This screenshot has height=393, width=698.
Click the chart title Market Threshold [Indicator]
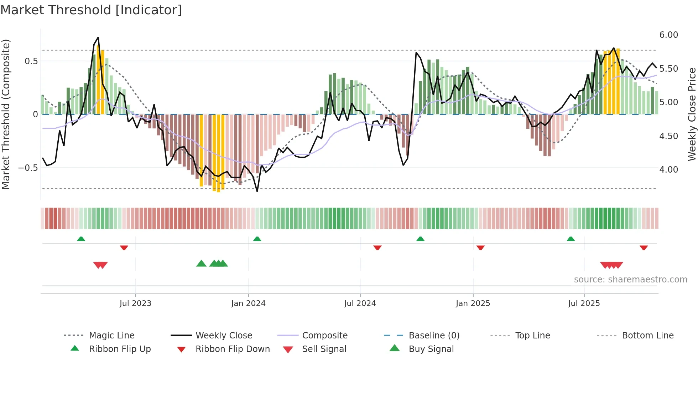[x=91, y=10]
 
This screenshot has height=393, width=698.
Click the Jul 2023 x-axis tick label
[x=135, y=303]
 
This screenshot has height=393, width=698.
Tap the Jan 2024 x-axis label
[x=248, y=303]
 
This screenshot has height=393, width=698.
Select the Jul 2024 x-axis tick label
[x=360, y=303]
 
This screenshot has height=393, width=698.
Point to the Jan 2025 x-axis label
[x=473, y=303]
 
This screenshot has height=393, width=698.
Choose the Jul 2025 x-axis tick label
[x=584, y=303]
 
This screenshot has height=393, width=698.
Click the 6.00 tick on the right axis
[x=668, y=35]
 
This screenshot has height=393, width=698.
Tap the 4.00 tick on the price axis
[x=668, y=170]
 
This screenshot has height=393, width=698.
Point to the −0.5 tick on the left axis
[x=28, y=168]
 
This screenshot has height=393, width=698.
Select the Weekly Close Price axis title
[x=692, y=114]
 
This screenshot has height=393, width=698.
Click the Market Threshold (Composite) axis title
[x=6, y=114]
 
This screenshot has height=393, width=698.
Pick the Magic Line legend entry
[x=111, y=336]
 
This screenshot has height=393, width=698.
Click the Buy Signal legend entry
[x=431, y=349]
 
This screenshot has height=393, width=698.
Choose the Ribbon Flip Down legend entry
[x=233, y=349]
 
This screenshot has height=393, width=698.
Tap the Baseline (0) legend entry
[x=434, y=336]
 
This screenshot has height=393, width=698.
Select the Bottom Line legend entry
[x=647, y=336]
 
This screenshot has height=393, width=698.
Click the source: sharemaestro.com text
[x=630, y=280]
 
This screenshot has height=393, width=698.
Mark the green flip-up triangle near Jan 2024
[x=257, y=239]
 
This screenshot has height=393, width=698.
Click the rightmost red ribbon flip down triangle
[x=644, y=247]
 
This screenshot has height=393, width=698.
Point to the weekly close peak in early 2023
[x=98, y=37]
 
